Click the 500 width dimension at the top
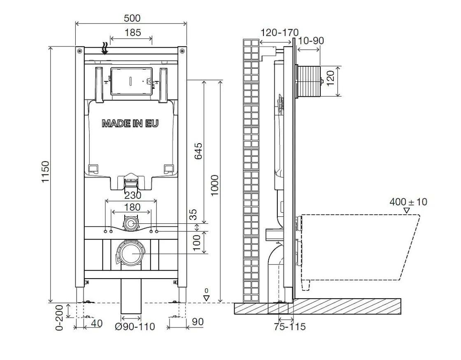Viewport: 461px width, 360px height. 132,18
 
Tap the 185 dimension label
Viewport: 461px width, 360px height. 133,33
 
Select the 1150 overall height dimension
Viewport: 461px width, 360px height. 45,172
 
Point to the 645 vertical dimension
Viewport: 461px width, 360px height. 199,151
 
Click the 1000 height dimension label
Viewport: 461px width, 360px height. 214,186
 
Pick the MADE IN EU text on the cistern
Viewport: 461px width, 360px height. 130,123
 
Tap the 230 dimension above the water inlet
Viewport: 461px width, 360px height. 133,195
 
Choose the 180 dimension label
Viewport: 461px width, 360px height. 132,207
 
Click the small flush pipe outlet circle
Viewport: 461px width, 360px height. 131,224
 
